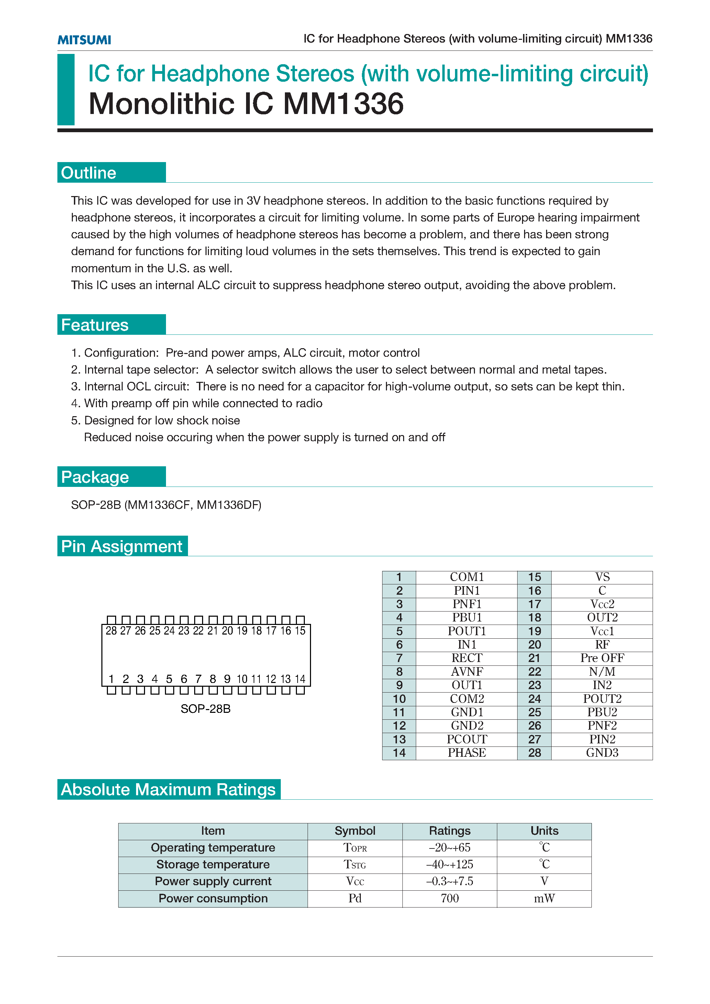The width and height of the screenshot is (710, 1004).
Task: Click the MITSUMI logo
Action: (x=84, y=40)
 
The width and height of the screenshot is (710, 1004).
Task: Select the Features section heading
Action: (x=95, y=325)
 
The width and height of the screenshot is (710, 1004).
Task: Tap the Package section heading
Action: (x=95, y=477)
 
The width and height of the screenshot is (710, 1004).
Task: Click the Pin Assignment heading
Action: (x=122, y=546)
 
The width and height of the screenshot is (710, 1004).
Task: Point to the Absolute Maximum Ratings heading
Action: (x=168, y=789)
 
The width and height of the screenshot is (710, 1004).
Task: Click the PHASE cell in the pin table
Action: (x=466, y=753)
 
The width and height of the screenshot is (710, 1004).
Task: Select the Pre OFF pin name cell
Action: (x=602, y=658)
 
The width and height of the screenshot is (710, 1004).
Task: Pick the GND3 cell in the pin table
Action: (x=602, y=753)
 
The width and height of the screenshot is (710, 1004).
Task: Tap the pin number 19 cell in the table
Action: (x=534, y=631)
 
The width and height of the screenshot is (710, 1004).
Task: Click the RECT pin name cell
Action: (x=466, y=658)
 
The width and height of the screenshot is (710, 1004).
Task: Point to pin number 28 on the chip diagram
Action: (x=111, y=630)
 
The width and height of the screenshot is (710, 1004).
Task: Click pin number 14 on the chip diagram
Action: (x=300, y=679)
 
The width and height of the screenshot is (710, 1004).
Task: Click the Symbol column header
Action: (x=355, y=830)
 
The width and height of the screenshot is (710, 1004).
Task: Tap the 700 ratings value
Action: (x=450, y=898)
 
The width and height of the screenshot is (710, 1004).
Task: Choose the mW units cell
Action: (x=544, y=898)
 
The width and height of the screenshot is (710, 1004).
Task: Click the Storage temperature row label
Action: (x=213, y=864)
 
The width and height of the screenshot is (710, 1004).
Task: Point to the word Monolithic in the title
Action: (x=162, y=104)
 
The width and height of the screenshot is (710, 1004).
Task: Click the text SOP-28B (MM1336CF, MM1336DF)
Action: (x=166, y=505)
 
